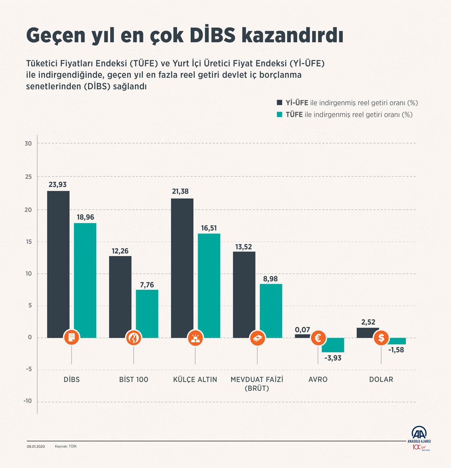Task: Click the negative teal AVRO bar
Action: tap(333, 345)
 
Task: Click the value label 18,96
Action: tap(85, 217)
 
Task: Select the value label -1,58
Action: tap(396, 350)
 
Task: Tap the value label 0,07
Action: tap(302, 330)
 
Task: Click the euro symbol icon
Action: tap(318, 338)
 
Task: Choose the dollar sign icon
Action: tap(381, 338)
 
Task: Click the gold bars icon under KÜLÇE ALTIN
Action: tap(195, 338)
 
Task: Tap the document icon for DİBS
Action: tap(72, 338)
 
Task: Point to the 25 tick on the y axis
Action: tap(28, 177)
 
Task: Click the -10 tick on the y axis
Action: tap(27, 401)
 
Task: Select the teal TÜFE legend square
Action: tap(279, 114)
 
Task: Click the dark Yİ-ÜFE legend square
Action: tap(279, 102)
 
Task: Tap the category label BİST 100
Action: tap(134, 379)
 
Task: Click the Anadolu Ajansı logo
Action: tap(422, 436)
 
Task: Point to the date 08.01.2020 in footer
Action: tap(35, 446)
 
